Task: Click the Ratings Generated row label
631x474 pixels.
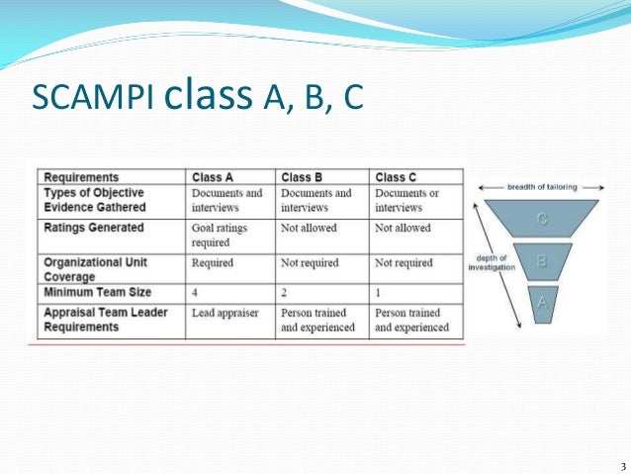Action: click(94, 228)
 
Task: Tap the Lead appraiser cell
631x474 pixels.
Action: click(225, 313)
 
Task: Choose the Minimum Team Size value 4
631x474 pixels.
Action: click(196, 294)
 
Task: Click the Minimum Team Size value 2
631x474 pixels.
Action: click(285, 294)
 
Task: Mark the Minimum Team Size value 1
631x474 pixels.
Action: click(378, 294)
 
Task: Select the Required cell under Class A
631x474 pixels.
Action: click(213, 263)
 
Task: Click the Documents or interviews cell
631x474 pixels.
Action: click(407, 200)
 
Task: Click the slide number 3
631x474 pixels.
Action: click(622, 466)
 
